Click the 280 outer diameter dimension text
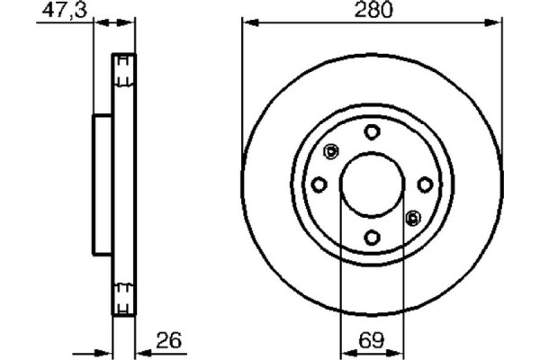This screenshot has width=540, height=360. [x=372, y=12]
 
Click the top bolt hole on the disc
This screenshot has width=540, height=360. [x=372, y=132]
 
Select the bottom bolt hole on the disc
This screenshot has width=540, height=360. [x=372, y=237]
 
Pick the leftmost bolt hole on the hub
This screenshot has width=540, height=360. [x=319, y=184]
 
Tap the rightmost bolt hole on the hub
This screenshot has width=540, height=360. [x=424, y=184]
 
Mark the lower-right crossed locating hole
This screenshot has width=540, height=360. [x=413, y=216]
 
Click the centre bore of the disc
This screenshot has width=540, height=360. [x=372, y=184]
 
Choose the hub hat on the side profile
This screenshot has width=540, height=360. [x=102, y=184]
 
